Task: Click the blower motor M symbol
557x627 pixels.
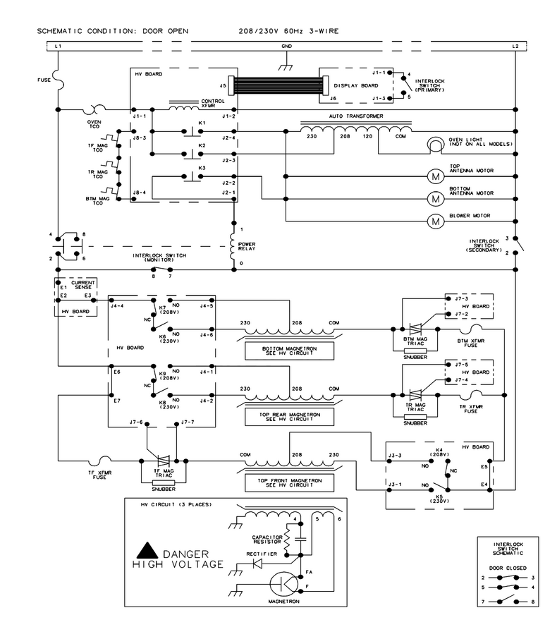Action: click(436, 221)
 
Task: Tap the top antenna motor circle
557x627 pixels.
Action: click(436, 176)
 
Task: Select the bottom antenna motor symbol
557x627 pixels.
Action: click(436, 199)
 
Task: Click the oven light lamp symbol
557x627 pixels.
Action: click(436, 145)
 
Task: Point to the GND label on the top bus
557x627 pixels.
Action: click(287, 47)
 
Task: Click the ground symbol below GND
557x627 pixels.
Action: click(286, 67)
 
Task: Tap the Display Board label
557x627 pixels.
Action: click(356, 85)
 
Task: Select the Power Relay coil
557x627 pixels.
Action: click(232, 246)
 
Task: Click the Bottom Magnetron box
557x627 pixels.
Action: click(289, 351)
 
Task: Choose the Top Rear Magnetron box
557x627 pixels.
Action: click(289, 417)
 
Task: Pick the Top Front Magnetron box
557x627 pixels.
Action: click(289, 482)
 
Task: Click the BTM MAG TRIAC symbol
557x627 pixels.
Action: click(416, 329)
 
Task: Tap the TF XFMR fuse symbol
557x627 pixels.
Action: click(99, 461)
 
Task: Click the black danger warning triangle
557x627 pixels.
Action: click(147, 551)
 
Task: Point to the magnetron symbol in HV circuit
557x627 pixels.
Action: click(284, 584)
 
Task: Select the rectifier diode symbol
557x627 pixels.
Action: click(257, 564)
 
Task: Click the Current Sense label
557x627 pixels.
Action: click(83, 285)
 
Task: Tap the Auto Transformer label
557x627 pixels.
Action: click(356, 116)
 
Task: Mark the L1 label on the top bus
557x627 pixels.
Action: click(58, 47)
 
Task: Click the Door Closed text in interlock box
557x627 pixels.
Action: click(508, 568)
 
